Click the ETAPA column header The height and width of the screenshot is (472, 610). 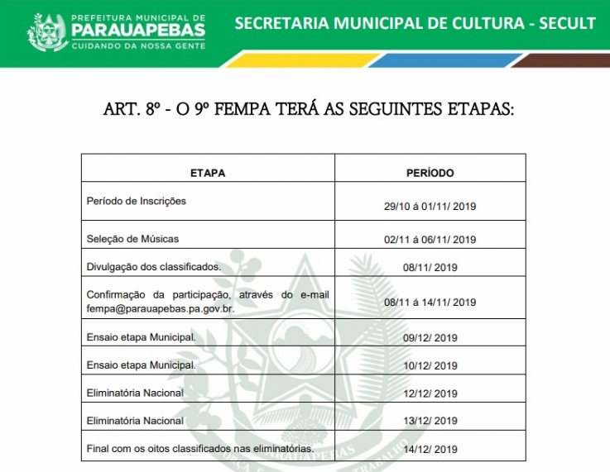[208, 174]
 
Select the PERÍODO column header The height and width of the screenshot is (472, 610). [430, 174]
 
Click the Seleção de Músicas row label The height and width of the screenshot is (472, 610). [132, 239]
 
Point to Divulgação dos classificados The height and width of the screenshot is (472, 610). [154, 267]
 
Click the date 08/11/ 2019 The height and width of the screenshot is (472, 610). [430, 268]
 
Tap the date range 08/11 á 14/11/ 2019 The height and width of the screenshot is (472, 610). [430, 303]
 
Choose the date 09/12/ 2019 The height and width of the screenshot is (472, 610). [430, 338]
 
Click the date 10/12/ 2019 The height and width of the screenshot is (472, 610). [430, 366]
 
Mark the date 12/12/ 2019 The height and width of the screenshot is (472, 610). [430, 393]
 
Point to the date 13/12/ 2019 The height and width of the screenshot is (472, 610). [430, 422]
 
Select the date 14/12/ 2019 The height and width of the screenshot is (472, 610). [430, 450]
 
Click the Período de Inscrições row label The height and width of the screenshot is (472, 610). [137, 201]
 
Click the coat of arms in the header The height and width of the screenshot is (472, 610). [47, 32]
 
